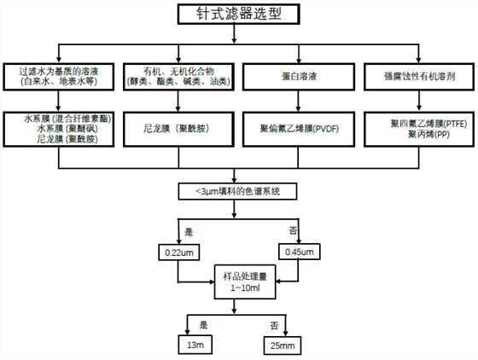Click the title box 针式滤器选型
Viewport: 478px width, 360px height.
point(239,15)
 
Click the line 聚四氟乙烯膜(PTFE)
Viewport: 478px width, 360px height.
point(414,123)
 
